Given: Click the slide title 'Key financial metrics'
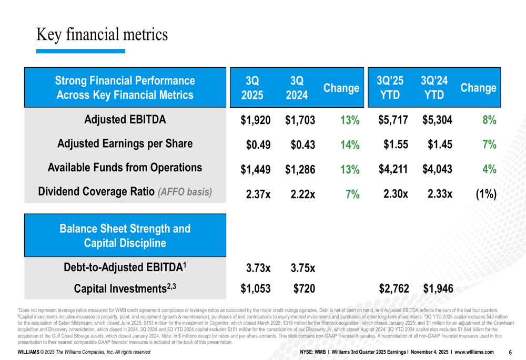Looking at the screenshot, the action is click(102, 35).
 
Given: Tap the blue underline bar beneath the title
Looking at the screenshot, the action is click(80, 51).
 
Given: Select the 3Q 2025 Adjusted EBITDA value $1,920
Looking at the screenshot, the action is click(255, 120).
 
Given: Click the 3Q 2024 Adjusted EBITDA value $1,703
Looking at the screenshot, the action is click(300, 120).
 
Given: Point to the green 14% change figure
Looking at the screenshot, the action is click(350, 145).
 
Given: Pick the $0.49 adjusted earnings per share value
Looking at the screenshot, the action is click(258, 145).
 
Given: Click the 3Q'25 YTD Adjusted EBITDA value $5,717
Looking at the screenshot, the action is click(393, 120).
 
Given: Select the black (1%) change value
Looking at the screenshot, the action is click(486, 194).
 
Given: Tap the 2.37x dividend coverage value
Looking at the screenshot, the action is click(258, 194).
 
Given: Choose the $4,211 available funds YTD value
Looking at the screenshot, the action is click(393, 169).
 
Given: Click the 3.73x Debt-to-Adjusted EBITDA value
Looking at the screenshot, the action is click(258, 268).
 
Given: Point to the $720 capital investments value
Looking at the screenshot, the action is click(304, 289).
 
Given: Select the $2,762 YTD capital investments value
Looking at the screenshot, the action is click(394, 289).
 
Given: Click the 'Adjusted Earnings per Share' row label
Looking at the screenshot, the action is click(125, 144).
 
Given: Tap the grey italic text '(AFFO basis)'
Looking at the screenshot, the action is click(185, 192).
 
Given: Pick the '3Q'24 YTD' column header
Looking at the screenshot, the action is click(434, 87).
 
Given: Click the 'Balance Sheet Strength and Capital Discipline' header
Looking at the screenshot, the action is click(125, 235).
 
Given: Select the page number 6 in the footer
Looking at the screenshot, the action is click(510, 352).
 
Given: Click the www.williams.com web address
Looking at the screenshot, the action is click(474, 352).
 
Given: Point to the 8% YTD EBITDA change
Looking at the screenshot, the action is click(489, 120).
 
